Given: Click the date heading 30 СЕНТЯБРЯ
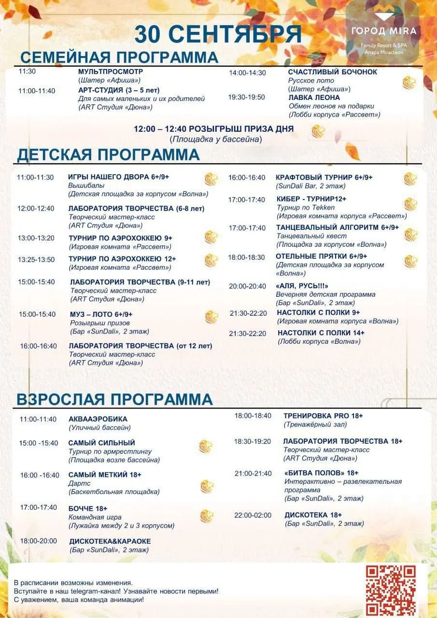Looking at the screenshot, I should [218, 35].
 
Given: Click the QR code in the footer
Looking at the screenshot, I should [390, 588].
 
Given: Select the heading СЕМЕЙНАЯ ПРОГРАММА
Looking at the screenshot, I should [119, 57].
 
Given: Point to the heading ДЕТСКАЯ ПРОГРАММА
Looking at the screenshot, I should [108, 154].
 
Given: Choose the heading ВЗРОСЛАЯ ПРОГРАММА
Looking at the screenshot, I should [114, 400].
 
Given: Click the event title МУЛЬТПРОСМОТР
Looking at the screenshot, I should [111, 71].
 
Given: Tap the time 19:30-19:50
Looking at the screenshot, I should [246, 97].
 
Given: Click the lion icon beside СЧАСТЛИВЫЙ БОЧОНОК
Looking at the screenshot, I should [409, 83].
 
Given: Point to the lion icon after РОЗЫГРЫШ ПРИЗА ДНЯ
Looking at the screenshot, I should [318, 131].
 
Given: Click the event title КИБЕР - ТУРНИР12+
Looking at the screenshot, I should [311, 199].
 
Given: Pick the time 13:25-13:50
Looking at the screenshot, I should [36, 260].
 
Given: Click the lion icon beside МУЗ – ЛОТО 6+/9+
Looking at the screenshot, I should [211, 317].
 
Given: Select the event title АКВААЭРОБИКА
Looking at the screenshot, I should [98, 419].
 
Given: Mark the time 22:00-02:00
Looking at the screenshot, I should [253, 515].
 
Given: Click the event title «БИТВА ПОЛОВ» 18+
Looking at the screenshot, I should [322, 473].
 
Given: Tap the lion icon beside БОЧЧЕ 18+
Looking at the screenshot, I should [207, 516].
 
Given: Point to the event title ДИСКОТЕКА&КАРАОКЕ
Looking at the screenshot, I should [110, 541].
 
